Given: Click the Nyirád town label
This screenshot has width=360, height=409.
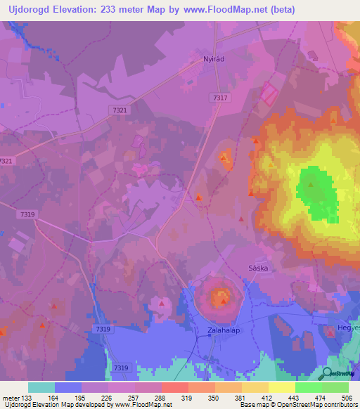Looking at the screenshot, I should pyautogui.click(x=213, y=60).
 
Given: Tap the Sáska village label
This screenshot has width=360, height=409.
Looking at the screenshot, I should pyautogui.click(x=259, y=268).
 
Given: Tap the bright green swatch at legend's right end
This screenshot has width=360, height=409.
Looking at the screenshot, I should pyautogui.click(x=335, y=387).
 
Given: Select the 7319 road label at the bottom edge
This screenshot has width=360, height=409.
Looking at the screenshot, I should pyautogui.click(x=122, y=368).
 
